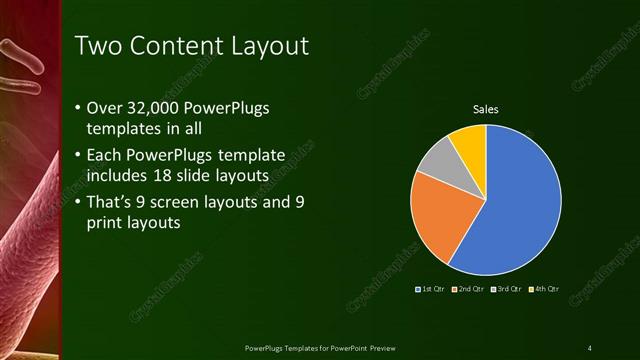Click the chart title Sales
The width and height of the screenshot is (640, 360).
[486, 110]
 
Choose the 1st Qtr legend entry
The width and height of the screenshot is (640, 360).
[431, 289]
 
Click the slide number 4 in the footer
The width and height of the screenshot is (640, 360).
[589, 348]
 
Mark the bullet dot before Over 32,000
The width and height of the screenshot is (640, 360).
[78, 108]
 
